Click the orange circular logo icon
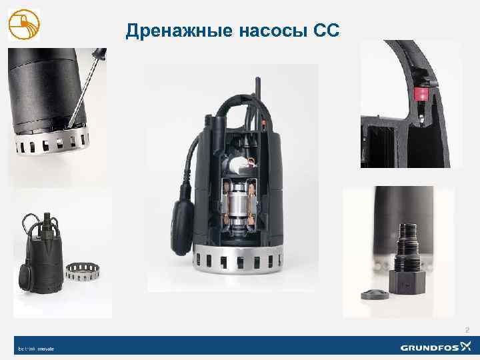pyautogui.click(x=24, y=25)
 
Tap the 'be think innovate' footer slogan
pyautogui.click(x=35, y=348)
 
